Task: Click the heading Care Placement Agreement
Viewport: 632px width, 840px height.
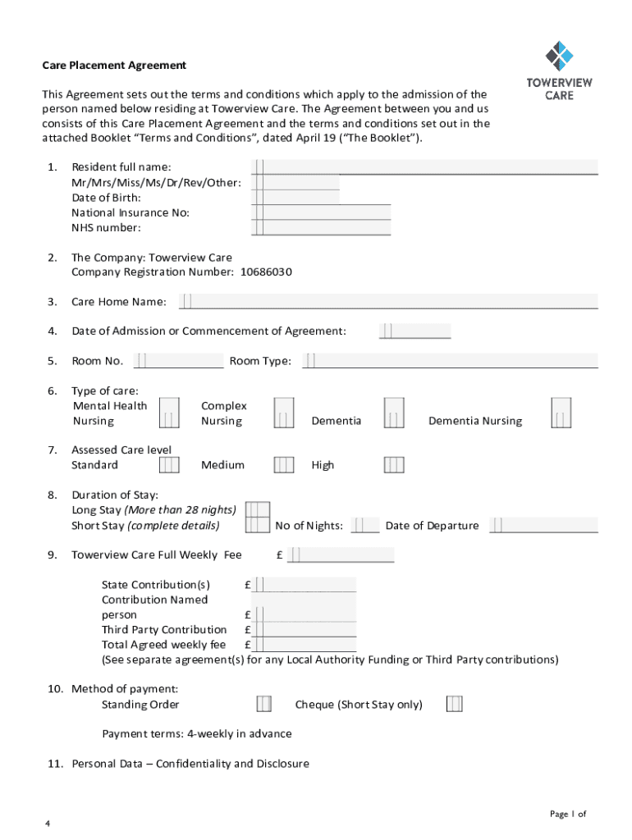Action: (x=114, y=65)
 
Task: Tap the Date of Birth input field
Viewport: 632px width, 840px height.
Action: (x=321, y=197)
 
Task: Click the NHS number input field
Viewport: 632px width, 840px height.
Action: (x=321, y=227)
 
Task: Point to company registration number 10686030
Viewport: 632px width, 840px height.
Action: (x=266, y=272)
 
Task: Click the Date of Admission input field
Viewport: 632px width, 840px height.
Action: (x=414, y=331)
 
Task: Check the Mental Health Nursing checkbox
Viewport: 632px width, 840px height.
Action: (x=169, y=413)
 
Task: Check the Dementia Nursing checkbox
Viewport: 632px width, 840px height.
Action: (x=561, y=413)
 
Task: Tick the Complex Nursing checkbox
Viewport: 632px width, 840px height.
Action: (x=284, y=413)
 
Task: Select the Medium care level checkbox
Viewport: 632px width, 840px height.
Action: (x=284, y=465)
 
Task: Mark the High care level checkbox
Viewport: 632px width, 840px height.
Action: (x=394, y=465)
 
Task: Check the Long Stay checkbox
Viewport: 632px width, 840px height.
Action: (x=258, y=510)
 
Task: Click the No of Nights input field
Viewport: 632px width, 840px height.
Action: (x=364, y=526)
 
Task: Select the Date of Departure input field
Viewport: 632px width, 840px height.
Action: (x=544, y=526)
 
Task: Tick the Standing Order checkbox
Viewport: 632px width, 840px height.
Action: (x=264, y=705)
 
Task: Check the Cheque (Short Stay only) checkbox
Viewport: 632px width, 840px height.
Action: (x=454, y=705)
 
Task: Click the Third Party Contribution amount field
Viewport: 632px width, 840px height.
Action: (x=305, y=630)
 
